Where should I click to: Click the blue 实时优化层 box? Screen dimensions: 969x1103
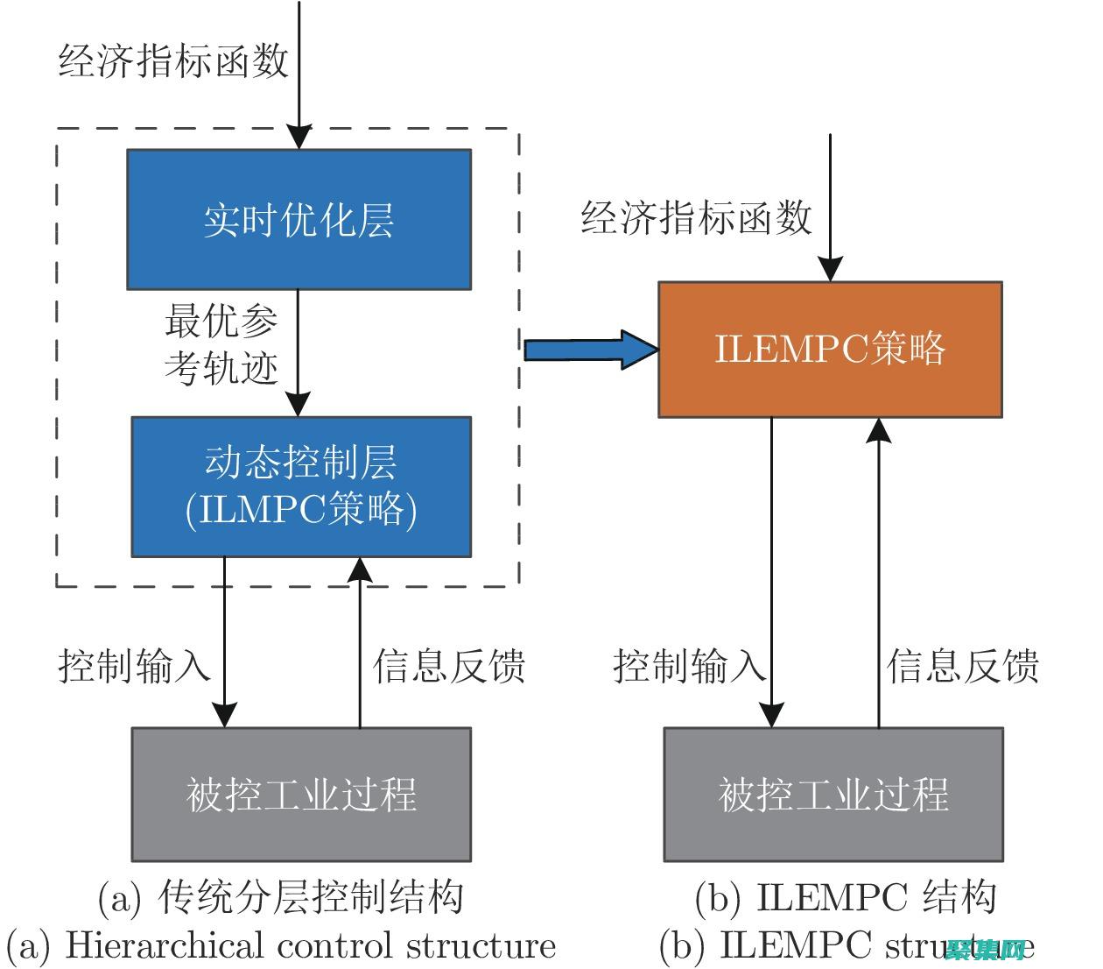(299, 219)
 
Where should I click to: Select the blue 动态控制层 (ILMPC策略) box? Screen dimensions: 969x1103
(301, 487)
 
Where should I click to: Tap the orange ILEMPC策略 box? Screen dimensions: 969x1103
(830, 350)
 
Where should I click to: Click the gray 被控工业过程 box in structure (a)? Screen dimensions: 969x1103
(301, 794)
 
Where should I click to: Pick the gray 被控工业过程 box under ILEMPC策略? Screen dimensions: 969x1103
(833, 794)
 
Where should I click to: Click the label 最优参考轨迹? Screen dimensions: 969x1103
(221, 344)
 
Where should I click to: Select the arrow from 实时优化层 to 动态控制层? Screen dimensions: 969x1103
(299, 350)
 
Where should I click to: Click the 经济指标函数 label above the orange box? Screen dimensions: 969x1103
(697, 216)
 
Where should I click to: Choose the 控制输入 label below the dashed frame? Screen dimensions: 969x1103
(135, 666)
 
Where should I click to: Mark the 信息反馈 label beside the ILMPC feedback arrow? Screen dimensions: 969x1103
(449, 666)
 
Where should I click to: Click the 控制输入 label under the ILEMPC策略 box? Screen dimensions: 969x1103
(689, 666)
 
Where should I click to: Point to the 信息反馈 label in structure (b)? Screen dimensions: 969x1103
(963, 666)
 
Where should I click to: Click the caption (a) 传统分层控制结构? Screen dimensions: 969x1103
(280, 897)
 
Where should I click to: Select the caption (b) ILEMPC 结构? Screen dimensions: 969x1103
(846, 897)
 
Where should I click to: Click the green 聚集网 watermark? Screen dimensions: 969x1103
(985, 950)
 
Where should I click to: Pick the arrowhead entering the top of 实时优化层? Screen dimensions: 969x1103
(299, 137)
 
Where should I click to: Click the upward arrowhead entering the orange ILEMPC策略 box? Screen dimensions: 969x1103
(879, 429)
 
